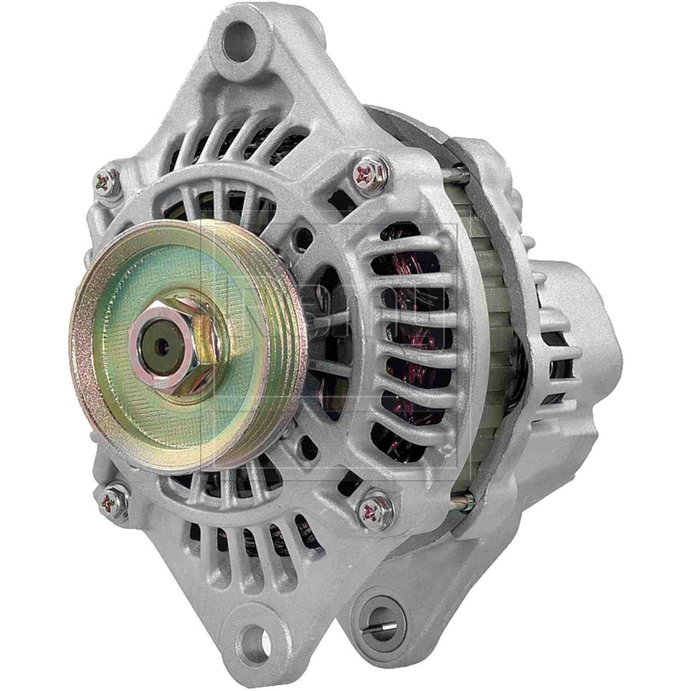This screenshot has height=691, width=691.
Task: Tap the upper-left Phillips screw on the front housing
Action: point(105,182)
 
